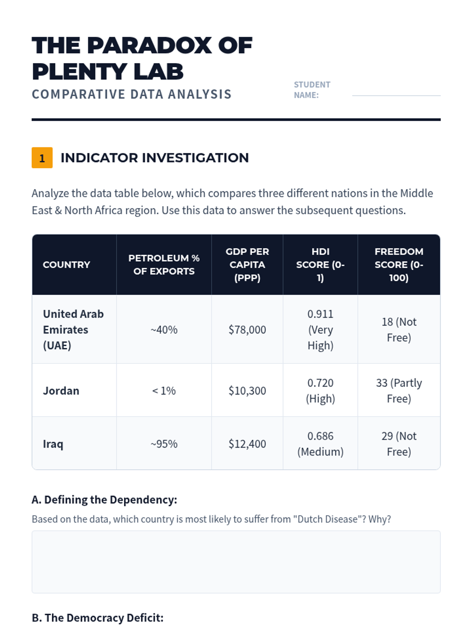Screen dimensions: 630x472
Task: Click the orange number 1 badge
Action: coord(42,158)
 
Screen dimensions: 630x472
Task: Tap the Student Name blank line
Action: coord(396,95)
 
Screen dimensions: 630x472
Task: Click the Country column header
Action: coord(66,265)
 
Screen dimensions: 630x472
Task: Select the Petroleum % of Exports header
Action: coord(164,265)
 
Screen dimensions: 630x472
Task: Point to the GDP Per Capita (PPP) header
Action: coord(247,265)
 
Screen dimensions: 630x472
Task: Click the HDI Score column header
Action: coord(320,265)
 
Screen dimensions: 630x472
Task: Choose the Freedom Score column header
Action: coord(399,265)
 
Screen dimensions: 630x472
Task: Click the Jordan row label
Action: coord(61,391)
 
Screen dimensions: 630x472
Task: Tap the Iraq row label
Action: coord(53,444)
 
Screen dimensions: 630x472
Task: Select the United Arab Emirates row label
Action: coord(73,330)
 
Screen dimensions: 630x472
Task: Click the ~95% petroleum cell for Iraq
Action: coord(164,444)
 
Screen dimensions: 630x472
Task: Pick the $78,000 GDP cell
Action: coord(247,330)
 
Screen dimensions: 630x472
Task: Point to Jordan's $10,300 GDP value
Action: coord(247,391)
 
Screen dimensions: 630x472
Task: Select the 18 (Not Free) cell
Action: coord(399,330)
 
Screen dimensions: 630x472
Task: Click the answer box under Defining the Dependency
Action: coord(236,562)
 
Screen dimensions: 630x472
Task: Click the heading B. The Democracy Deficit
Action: coord(98,618)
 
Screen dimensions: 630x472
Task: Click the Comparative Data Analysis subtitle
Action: coord(132,94)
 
